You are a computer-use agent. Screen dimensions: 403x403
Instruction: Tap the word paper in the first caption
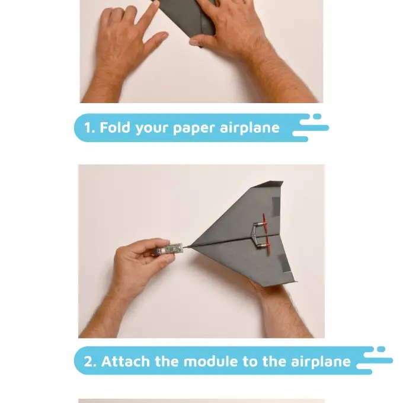coord(194,129)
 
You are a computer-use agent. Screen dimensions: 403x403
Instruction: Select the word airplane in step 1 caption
coord(250,128)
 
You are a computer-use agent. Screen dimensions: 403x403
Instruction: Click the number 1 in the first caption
coord(88,127)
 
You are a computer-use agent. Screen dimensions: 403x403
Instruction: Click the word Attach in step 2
coord(126,362)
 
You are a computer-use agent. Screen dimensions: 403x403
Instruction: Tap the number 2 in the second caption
coord(89,362)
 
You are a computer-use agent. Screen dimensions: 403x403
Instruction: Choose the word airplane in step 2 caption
coord(321,362)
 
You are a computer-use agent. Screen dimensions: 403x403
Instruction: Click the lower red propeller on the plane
coord(268,246)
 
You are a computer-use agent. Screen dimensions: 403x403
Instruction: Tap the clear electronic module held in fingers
coord(168,249)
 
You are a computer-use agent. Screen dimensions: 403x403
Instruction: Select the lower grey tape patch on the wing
coord(284,263)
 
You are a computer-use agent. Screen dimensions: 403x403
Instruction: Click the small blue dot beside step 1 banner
coord(317,116)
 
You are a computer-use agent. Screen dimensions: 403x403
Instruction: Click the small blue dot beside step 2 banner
coord(381,349)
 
